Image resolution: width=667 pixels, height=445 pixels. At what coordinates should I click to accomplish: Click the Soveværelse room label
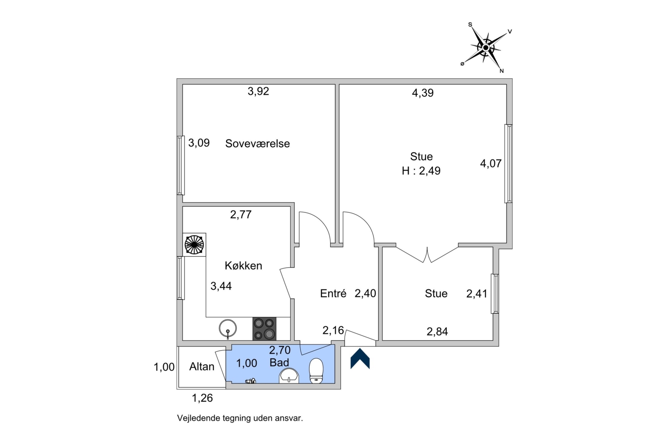257,143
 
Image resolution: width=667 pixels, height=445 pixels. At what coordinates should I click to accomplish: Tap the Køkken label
243,265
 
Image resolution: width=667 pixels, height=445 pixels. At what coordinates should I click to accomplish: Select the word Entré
333,293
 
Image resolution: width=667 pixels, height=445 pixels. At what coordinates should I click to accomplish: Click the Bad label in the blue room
279,363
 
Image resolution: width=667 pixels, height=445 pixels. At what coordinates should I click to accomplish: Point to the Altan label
202,366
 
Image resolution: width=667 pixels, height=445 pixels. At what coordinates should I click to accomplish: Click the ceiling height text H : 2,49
421,171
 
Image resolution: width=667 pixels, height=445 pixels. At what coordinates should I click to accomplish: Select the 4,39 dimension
423,93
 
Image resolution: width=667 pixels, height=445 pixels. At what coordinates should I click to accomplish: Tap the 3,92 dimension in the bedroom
258,91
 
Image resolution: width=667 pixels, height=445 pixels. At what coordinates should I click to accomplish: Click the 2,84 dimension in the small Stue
437,331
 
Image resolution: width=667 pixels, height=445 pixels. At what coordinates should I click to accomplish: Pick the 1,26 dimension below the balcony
202,398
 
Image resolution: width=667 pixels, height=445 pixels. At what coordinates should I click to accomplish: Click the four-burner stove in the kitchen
264,328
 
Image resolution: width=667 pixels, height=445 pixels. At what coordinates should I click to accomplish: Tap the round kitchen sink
228,328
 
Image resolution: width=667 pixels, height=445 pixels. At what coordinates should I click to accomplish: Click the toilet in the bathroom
316,370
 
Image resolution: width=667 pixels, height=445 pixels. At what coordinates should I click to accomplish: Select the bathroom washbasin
289,375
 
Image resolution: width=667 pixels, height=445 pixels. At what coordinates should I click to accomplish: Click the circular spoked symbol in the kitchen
194,245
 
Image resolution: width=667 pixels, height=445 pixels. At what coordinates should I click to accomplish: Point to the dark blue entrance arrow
360,358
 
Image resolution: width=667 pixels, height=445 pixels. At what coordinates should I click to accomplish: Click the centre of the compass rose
486,48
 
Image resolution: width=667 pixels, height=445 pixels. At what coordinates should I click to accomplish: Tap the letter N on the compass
501,71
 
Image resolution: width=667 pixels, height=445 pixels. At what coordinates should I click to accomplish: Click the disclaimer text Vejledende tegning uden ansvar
240,418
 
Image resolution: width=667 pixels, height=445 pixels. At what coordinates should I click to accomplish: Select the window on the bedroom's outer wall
180,165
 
